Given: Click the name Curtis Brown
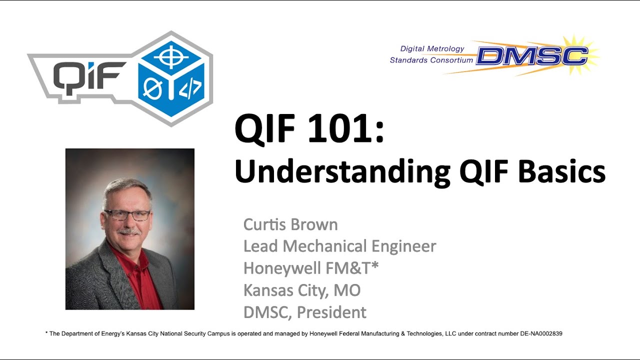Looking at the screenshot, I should (290, 224).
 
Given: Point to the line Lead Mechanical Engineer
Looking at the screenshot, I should (339, 246).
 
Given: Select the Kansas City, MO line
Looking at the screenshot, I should (302, 290).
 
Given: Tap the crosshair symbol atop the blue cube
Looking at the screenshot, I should (171, 57).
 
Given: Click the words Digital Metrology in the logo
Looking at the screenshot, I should (432, 48).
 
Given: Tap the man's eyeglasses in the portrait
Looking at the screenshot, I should (126, 215).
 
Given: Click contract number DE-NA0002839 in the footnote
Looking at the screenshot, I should (537, 333).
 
